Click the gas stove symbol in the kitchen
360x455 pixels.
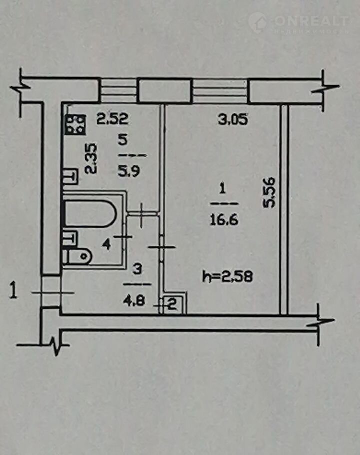click(x=75, y=125)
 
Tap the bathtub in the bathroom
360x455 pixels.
click(x=90, y=214)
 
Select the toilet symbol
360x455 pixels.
click(x=77, y=256)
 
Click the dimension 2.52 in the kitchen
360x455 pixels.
click(x=112, y=119)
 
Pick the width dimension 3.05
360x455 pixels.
click(x=233, y=119)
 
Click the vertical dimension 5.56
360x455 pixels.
click(x=268, y=192)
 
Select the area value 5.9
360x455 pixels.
click(x=129, y=171)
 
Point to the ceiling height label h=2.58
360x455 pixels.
click(x=227, y=276)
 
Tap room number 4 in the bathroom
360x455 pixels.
click(x=107, y=245)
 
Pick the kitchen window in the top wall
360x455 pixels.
click(x=118, y=90)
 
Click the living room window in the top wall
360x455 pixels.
click(x=220, y=90)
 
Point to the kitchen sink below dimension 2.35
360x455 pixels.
click(x=70, y=176)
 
